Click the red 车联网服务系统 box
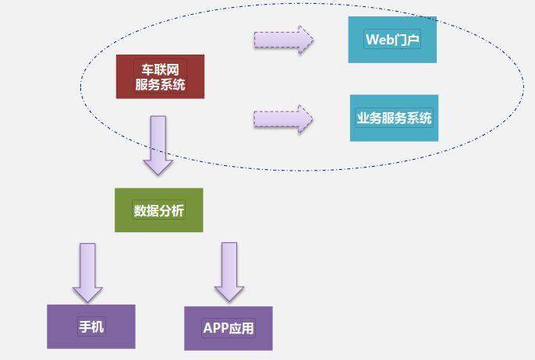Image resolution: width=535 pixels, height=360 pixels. [160, 76]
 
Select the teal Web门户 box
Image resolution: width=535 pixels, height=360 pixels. [392, 40]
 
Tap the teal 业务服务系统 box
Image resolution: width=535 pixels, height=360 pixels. [394, 118]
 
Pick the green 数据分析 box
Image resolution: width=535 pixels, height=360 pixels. [158, 210]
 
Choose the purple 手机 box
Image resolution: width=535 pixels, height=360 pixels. [91, 326]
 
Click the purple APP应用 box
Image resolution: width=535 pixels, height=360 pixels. [229, 328]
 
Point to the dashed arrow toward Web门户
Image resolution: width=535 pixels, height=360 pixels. [284, 40]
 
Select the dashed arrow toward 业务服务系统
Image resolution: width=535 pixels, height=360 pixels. [283, 119]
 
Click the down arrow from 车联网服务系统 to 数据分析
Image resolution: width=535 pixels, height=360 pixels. [158, 145]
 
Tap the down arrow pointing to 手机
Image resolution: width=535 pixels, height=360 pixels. [87, 273]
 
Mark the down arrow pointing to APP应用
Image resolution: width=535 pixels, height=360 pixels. [229, 272]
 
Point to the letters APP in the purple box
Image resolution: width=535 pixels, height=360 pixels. [216, 328]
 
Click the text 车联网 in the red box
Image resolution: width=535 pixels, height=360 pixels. [161, 70]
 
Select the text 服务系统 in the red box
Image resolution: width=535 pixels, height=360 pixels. [160, 84]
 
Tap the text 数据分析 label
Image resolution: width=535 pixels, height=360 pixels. [158, 210]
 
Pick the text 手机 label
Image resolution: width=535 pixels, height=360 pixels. [91, 326]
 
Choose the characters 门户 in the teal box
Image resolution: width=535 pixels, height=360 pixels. [407, 40]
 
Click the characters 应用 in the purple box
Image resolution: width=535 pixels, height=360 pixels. [241, 328]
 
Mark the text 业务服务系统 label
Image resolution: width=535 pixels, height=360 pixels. [394, 118]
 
